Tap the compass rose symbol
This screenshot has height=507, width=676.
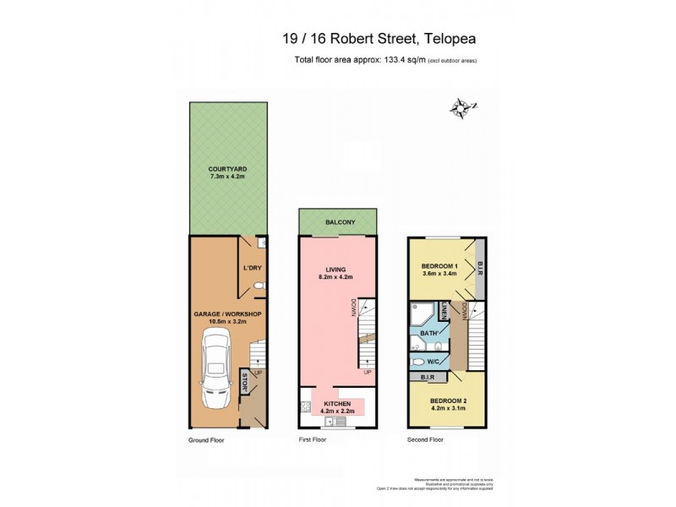pyautogui.click(x=462, y=107)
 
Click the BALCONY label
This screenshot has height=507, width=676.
pyautogui.click(x=340, y=222)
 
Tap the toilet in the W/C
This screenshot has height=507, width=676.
pyautogui.click(x=420, y=361)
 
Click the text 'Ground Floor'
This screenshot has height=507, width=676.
pyautogui.click(x=206, y=440)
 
